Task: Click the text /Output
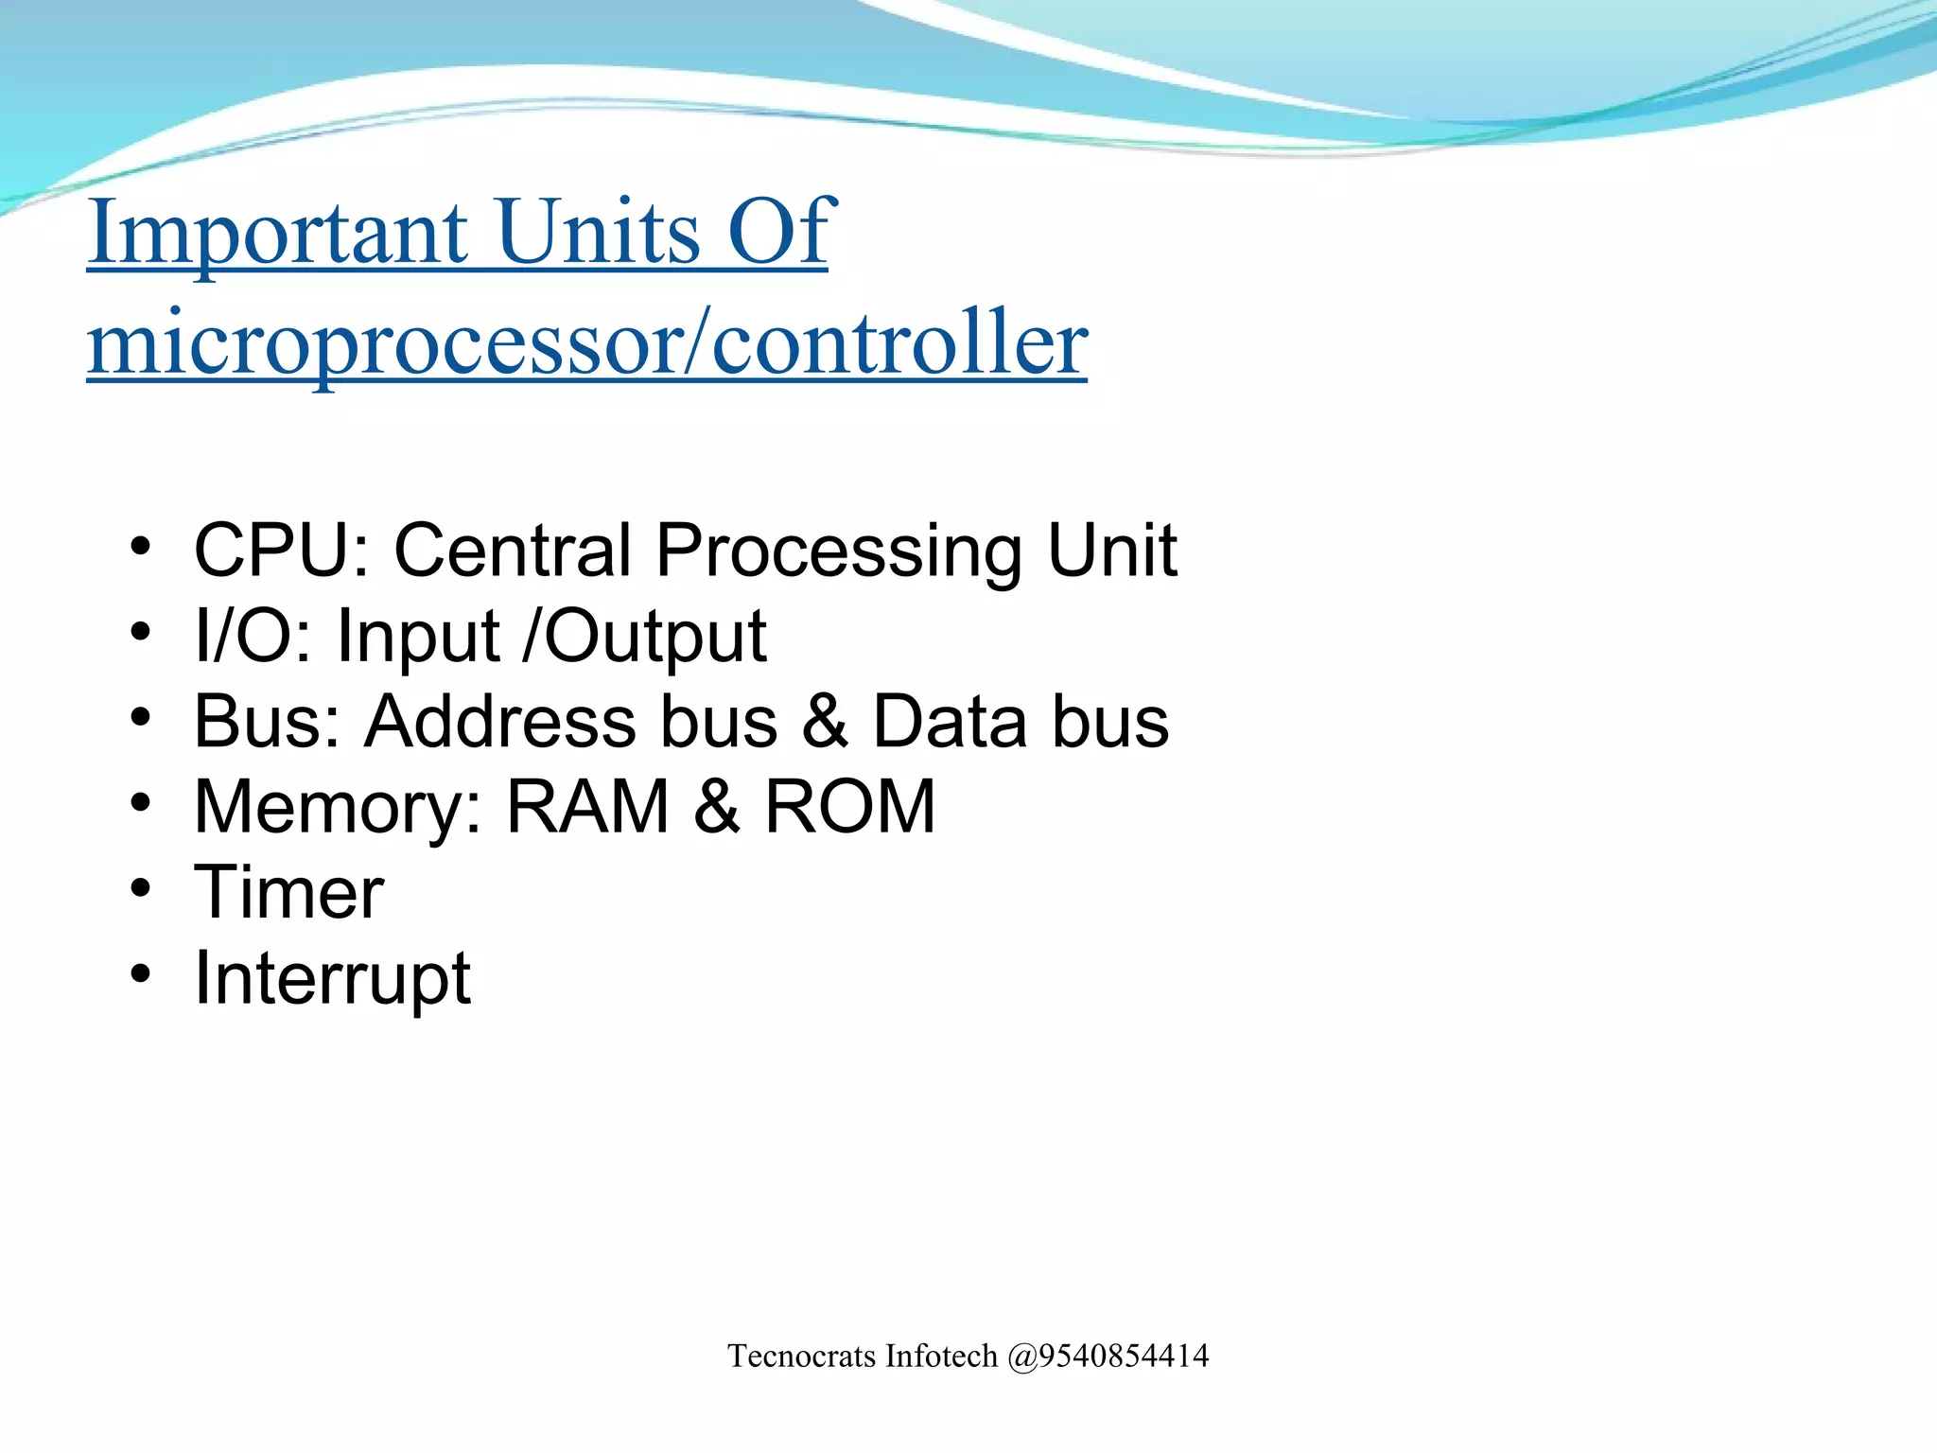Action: click(644, 636)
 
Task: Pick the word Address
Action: click(499, 722)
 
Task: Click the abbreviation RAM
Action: click(587, 807)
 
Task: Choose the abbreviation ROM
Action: click(849, 807)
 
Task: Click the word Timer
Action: click(288, 892)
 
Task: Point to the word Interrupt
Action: click(332, 978)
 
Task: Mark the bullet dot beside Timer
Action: click(141, 888)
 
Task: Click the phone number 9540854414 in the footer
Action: click(1124, 1357)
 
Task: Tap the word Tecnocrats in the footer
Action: click(802, 1357)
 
